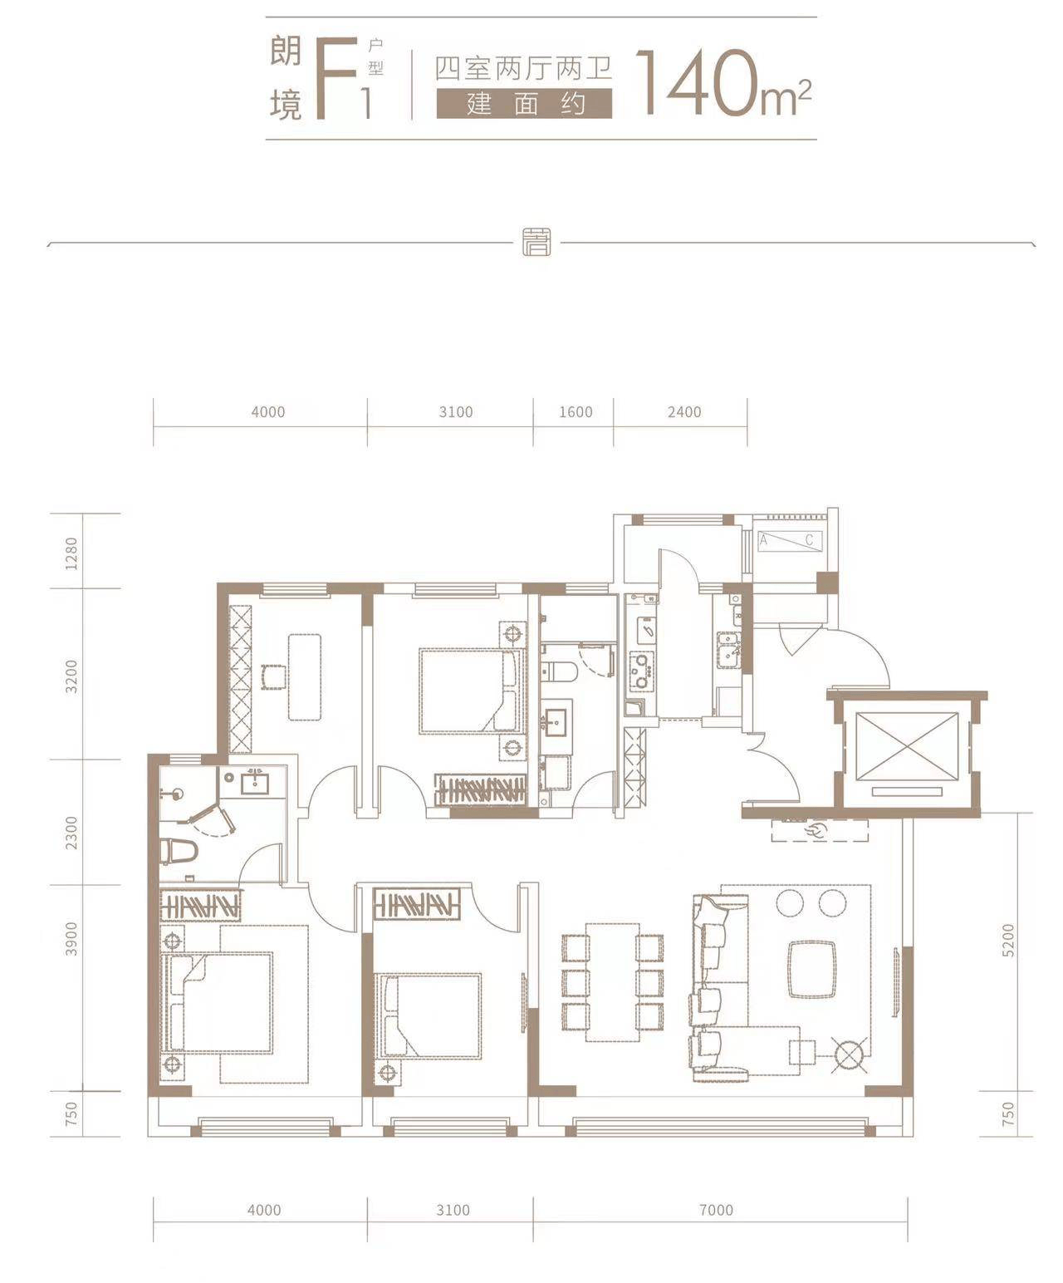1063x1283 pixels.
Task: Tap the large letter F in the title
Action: point(337,77)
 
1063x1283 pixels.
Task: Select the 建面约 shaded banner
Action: point(524,103)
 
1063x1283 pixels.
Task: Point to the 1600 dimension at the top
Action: point(576,411)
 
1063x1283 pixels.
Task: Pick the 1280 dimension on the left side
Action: point(72,553)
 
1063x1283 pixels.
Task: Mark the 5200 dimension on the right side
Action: point(1007,940)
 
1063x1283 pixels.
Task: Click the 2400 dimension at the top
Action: point(684,411)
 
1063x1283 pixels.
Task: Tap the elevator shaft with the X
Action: point(906,746)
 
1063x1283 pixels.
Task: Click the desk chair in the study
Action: point(273,676)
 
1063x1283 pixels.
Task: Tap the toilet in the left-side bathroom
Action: point(178,851)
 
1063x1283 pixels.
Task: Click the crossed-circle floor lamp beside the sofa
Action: point(850,1054)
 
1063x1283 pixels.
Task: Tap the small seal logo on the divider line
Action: point(536,242)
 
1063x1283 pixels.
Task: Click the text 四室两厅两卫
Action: point(524,68)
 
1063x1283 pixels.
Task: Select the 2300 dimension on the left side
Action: point(72,833)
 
